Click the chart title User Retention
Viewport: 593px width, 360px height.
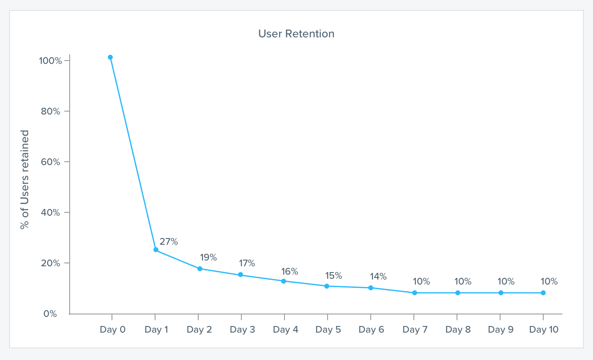(x=296, y=34)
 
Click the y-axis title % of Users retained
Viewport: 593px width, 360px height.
(x=25, y=180)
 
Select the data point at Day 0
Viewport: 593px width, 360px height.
(x=110, y=57)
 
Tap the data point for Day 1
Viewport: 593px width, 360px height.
(x=156, y=250)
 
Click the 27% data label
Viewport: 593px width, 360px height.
(x=169, y=242)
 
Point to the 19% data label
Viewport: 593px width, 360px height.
(x=208, y=257)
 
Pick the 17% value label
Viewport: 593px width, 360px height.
(x=247, y=263)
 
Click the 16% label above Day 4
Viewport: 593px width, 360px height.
(x=289, y=272)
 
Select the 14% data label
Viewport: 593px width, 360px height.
(x=378, y=277)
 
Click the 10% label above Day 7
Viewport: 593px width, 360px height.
(x=421, y=282)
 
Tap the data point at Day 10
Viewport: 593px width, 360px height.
(x=543, y=293)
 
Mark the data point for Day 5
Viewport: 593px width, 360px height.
(x=327, y=286)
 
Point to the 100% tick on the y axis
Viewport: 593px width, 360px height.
(x=50, y=61)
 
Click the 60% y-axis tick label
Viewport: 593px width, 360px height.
(x=51, y=162)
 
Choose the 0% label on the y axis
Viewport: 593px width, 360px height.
(x=50, y=314)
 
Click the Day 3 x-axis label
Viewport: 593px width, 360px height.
(x=242, y=330)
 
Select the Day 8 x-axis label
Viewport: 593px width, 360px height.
(x=458, y=330)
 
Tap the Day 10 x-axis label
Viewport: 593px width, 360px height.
(x=544, y=330)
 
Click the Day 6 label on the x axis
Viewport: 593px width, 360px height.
(x=371, y=330)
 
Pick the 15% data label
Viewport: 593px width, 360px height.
(x=333, y=276)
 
